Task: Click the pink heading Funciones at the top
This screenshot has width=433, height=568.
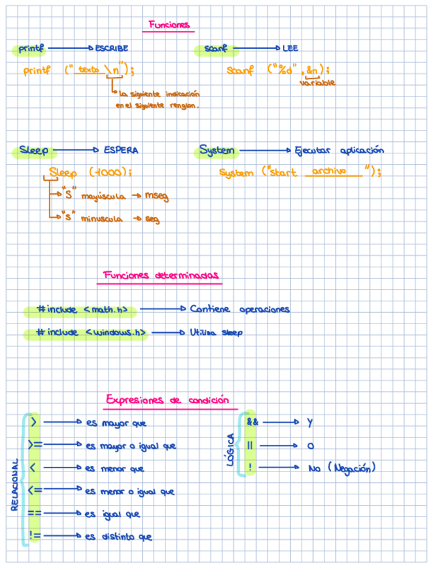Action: click(170, 25)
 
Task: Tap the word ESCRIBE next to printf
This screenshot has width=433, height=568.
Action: click(112, 48)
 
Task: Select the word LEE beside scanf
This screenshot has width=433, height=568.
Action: click(290, 48)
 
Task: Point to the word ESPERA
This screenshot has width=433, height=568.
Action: click(121, 151)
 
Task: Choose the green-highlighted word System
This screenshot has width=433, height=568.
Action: click(217, 151)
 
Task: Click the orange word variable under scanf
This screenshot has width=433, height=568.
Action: click(317, 82)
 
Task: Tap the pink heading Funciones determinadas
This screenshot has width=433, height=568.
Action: click(161, 275)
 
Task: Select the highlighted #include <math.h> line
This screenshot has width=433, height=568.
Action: click(82, 310)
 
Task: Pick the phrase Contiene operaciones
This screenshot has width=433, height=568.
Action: click(239, 309)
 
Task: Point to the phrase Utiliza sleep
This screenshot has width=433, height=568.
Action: click(216, 332)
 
